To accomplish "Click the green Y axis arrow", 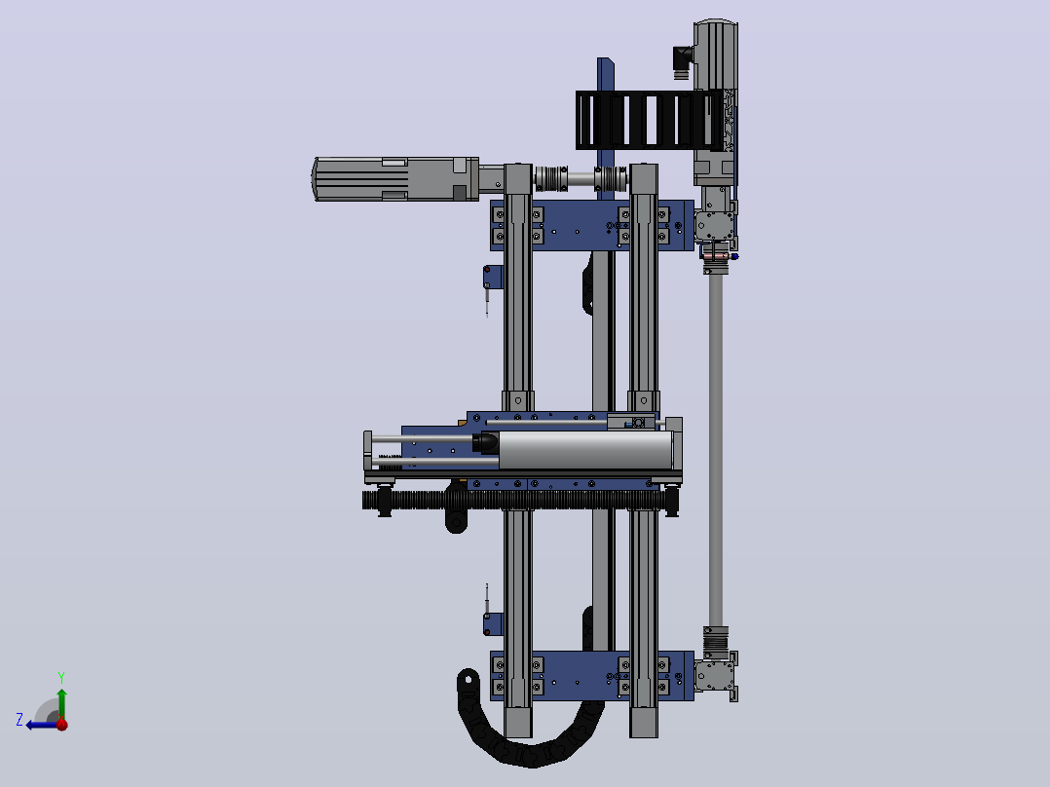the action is click(x=61, y=703).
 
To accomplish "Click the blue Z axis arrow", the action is click(x=42, y=725).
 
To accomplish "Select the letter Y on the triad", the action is click(x=61, y=677).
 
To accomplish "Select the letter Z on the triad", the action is click(x=19, y=720).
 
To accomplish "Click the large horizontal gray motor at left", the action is click(x=395, y=179).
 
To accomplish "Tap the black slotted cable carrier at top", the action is click(x=650, y=120).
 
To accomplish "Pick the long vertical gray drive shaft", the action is click(x=715, y=449).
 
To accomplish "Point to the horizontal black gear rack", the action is click(x=520, y=501).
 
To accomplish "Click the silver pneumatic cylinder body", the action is click(x=585, y=449).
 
